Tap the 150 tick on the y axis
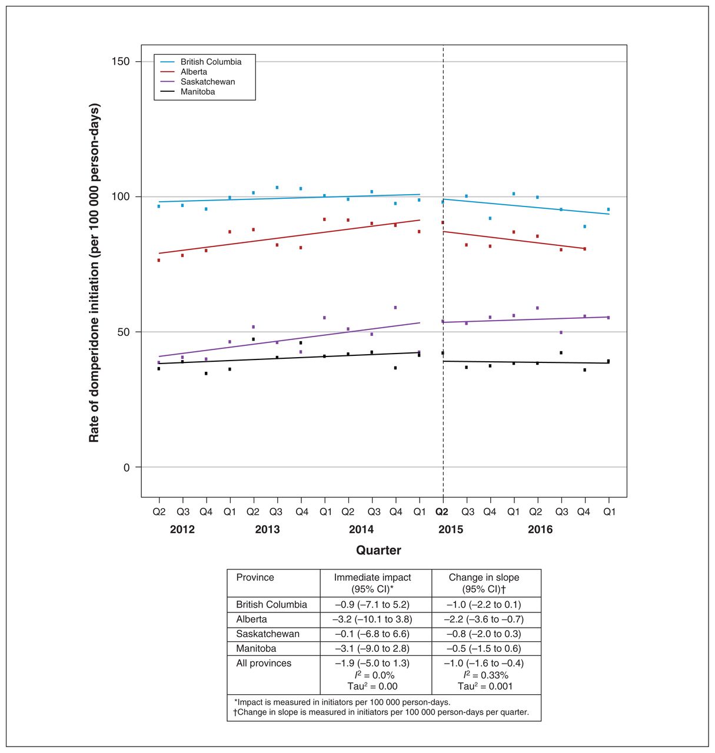(x=121, y=61)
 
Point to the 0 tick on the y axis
(x=127, y=468)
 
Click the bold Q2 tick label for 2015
(x=442, y=512)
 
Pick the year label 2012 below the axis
(x=182, y=529)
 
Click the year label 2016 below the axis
(x=540, y=529)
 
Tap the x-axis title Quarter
(x=378, y=550)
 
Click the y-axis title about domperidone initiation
(x=94, y=273)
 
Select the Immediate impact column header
(x=372, y=582)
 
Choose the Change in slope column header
(x=484, y=582)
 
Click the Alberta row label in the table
(x=251, y=619)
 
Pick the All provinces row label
(x=264, y=663)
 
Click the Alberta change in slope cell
(x=484, y=619)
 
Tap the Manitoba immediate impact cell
(x=372, y=648)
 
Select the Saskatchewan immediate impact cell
(x=372, y=634)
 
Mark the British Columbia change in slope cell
(x=484, y=605)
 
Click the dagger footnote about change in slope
(x=381, y=712)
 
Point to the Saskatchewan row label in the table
(x=267, y=634)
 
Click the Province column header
(x=255, y=577)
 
